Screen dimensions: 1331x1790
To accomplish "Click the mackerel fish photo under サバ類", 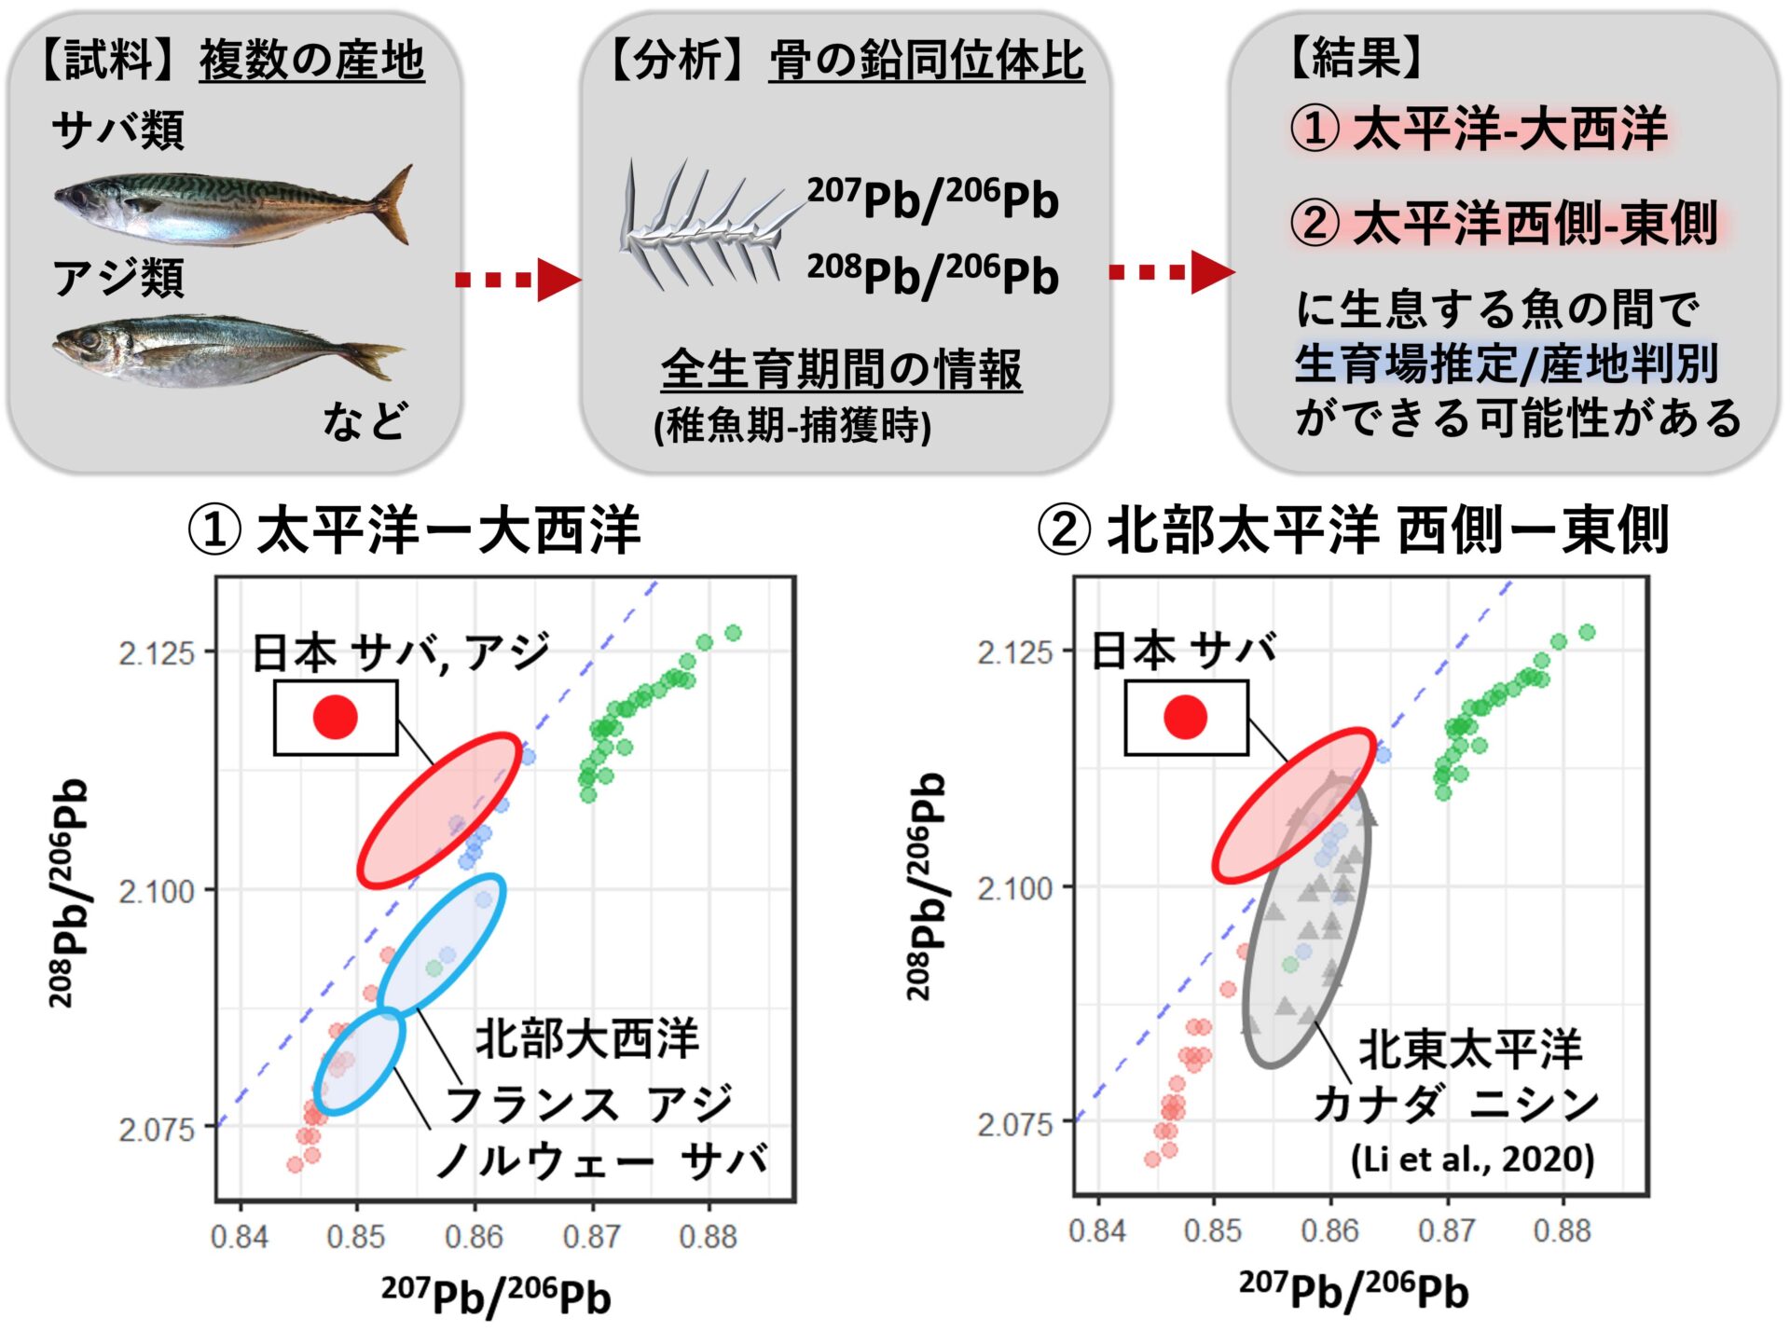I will click(x=233, y=206).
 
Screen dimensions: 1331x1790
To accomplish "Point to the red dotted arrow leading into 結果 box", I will click(x=1170, y=272).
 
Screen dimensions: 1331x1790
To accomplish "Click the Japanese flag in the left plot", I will click(x=336, y=717).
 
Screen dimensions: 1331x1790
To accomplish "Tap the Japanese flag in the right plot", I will click(x=1186, y=717).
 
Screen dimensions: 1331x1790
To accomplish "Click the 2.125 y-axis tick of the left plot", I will click(x=156, y=652).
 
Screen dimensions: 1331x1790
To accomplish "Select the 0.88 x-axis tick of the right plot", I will click(x=1562, y=1230).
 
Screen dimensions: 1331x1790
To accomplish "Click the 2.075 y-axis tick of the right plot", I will click(x=1015, y=1124).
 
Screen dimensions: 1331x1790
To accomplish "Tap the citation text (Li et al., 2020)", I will click(x=1472, y=1159).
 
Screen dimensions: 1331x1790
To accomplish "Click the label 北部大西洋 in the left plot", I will click(x=586, y=1038).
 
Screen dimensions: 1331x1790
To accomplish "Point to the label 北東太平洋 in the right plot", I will click(x=1470, y=1050).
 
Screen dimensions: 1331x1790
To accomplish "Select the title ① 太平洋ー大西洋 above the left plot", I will click(x=415, y=529).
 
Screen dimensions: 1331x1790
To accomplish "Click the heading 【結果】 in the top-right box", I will click(x=1356, y=59).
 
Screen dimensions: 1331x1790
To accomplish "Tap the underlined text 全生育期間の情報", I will click(x=841, y=369).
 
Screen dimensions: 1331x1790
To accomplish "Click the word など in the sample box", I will click(x=365, y=420).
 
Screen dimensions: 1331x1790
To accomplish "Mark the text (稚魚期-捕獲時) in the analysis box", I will click(x=792, y=426).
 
